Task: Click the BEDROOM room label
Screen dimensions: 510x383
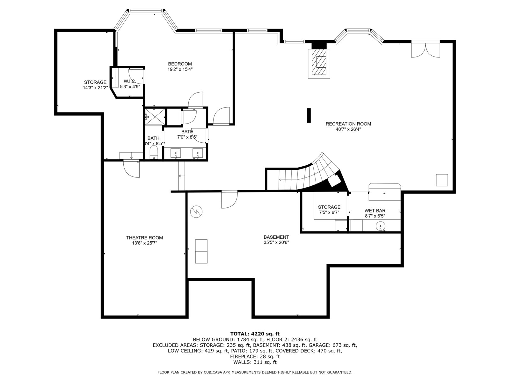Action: pyautogui.click(x=180, y=64)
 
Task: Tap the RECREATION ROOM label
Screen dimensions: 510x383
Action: pyautogui.click(x=348, y=124)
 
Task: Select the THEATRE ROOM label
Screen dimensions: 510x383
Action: pyautogui.click(x=144, y=238)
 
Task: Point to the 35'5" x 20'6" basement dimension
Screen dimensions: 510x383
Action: pyautogui.click(x=276, y=242)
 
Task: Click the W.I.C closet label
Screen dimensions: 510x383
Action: pyautogui.click(x=129, y=81)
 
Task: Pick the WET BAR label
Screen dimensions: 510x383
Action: pyautogui.click(x=375, y=211)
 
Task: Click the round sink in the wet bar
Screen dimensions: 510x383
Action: pyautogui.click(x=380, y=226)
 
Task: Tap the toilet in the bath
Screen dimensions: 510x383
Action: pyautogui.click(x=154, y=152)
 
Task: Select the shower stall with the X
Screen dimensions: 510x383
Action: pyautogui.click(x=155, y=116)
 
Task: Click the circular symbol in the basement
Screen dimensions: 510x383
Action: pyautogui.click(x=196, y=212)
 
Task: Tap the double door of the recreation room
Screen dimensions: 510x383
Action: pyautogui.click(x=426, y=49)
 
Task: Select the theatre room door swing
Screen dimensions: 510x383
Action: pyautogui.click(x=132, y=169)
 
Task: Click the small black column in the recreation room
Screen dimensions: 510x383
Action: pyautogui.click(x=309, y=115)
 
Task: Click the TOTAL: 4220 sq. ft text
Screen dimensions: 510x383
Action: pyautogui.click(x=255, y=334)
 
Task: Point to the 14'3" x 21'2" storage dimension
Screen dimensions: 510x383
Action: pyautogui.click(x=95, y=88)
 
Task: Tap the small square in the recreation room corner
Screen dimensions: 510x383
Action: pyautogui.click(x=442, y=180)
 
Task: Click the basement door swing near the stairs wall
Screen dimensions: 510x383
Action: pyautogui.click(x=229, y=199)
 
